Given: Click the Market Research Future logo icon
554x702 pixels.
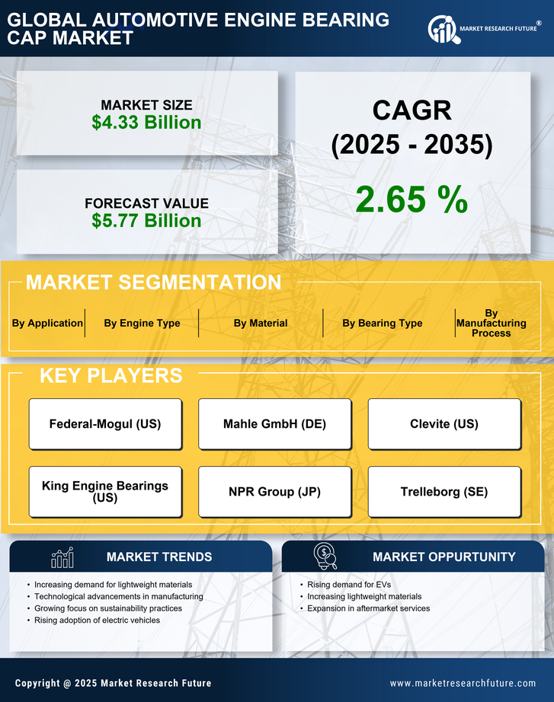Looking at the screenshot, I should [442, 30].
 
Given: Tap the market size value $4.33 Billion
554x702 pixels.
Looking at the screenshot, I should [146, 123].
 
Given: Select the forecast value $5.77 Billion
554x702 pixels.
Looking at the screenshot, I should [146, 221].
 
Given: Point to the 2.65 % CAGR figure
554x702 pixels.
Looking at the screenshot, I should [411, 199].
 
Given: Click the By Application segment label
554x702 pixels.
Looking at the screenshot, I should [47, 323].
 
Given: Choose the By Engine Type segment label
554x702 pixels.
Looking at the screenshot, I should [142, 323].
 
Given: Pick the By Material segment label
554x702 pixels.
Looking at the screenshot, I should [261, 323].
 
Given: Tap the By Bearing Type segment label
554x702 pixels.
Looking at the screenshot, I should [382, 323].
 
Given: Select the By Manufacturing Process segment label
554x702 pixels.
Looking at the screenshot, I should [492, 323].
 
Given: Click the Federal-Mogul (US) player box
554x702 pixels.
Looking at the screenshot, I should [105, 424].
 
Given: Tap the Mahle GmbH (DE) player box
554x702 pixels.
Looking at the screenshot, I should [274, 424].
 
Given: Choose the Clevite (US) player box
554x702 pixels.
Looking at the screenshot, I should [444, 424].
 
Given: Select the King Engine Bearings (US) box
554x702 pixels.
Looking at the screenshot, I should [105, 492].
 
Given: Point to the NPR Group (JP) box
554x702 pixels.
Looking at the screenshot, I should [274, 492].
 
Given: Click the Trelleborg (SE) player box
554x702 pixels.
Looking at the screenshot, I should [444, 492].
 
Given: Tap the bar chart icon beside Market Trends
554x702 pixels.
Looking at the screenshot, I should [62, 557].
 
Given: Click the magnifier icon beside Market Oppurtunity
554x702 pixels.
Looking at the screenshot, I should [325, 557].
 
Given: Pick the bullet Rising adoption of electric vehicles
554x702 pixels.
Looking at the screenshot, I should [97, 621].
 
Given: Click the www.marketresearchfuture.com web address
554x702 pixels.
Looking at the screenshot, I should [463, 683].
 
